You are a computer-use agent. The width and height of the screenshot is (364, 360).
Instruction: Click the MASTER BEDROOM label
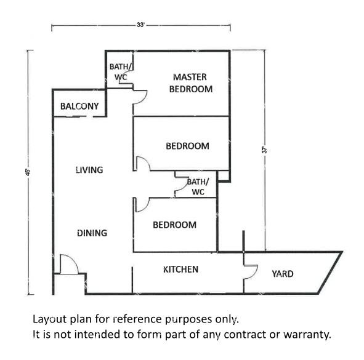click(190, 83)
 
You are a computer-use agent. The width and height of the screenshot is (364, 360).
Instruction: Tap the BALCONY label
click(79, 106)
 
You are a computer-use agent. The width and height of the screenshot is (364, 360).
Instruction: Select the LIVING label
click(89, 170)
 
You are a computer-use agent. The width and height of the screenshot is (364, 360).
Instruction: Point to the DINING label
click(92, 233)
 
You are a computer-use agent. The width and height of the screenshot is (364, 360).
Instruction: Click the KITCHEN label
click(180, 270)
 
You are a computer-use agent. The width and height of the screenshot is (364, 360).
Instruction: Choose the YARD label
click(283, 274)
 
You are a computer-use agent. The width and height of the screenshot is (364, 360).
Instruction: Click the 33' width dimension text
click(140, 25)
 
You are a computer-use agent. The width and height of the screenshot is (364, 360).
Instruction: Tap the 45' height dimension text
click(28, 172)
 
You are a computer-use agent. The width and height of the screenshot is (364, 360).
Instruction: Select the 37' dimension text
click(265, 150)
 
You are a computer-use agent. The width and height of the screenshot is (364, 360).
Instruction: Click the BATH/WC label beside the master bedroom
click(121, 71)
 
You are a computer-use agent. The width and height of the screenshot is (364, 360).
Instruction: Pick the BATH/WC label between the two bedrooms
click(198, 186)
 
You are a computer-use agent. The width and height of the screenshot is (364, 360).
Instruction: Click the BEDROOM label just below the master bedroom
click(187, 146)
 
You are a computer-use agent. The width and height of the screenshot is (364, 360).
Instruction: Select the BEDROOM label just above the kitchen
click(174, 225)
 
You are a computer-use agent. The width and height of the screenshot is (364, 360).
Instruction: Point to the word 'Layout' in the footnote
click(50, 319)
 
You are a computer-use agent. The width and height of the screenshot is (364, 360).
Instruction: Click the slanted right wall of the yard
click(330, 273)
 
